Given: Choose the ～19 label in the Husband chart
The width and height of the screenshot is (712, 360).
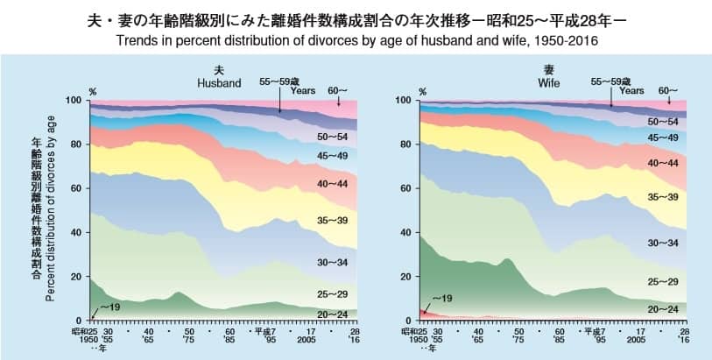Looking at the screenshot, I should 109,308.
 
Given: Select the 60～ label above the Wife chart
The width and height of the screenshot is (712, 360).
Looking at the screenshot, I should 668,89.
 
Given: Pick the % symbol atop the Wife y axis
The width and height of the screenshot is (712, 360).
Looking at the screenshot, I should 423,90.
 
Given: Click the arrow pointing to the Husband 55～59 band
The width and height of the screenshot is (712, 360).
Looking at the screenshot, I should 280,103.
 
